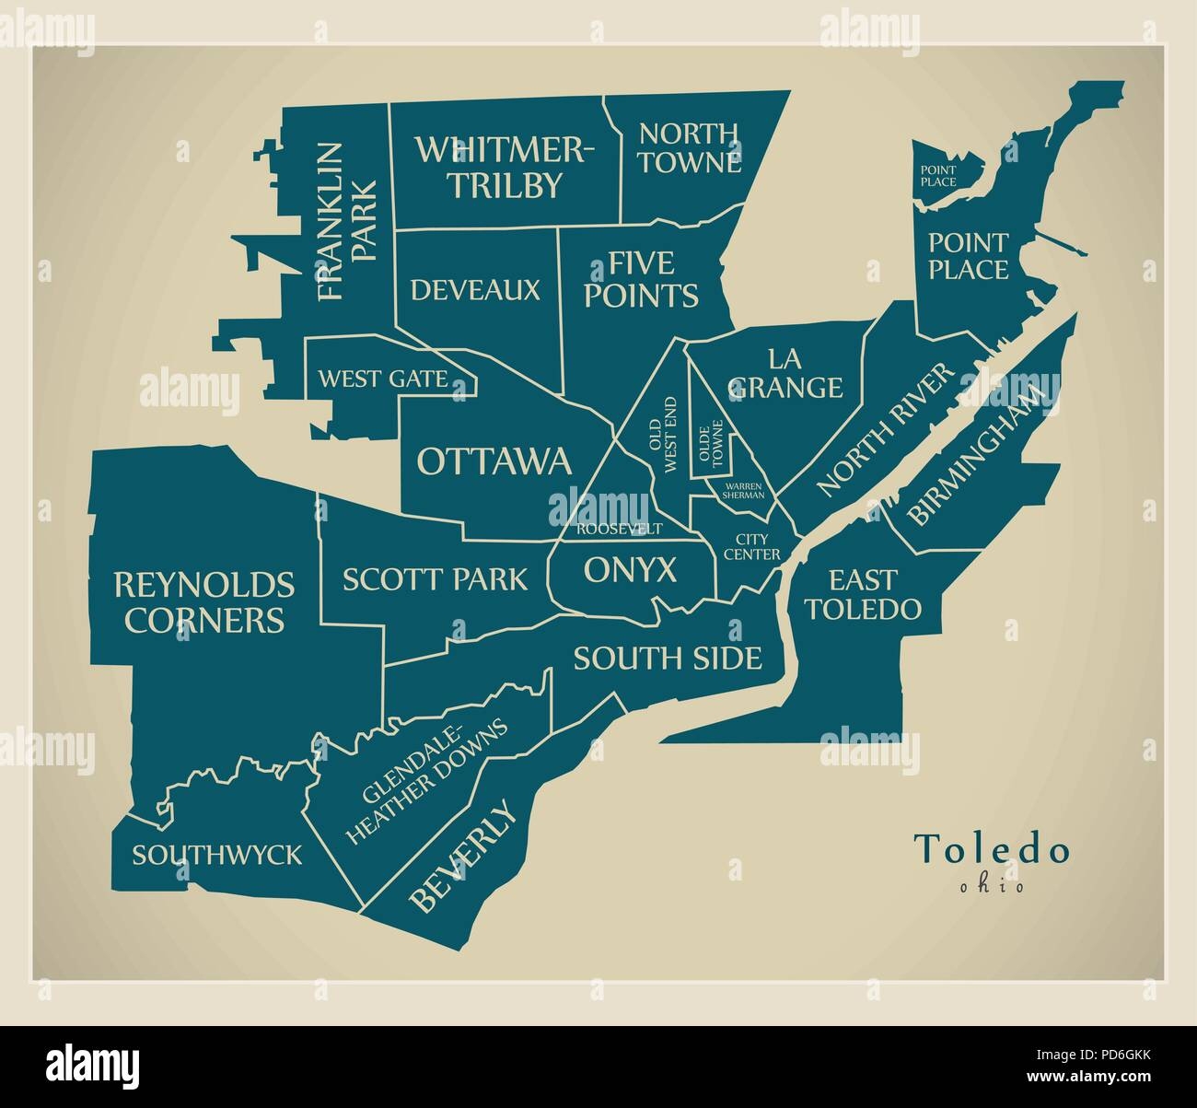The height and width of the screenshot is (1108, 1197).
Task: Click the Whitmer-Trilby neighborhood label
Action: coord(504,166)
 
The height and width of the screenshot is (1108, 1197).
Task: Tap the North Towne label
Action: coord(691,147)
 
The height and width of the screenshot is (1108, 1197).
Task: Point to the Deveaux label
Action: coord(475,290)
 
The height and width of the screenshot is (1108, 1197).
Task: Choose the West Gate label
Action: coord(383,379)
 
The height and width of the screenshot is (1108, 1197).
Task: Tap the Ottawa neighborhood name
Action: coord(494,461)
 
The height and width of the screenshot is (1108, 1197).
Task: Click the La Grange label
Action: coord(785,372)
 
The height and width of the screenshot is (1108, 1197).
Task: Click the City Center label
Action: coord(751,547)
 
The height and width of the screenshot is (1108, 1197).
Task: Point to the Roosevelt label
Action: coord(620,529)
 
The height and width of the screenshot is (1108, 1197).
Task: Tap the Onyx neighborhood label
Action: coord(631,571)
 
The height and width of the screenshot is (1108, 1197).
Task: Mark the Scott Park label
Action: coord(436,578)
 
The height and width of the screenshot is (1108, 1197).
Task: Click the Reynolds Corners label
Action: coord(204,601)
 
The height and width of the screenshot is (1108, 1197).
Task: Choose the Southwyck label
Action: coord(216,855)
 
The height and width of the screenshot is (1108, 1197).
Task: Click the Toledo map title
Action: coord(992,849)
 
